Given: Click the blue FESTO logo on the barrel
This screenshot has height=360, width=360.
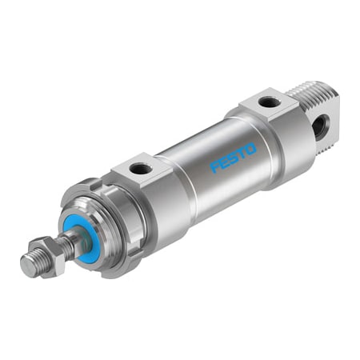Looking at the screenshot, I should [233, 158].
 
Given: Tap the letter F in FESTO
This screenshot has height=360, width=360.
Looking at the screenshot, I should [214, 168].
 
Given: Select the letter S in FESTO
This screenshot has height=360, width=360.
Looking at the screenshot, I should [233, 158].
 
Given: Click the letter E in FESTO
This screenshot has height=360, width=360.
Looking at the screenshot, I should [223, 163].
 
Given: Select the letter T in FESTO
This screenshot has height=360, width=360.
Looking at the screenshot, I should [242, 153].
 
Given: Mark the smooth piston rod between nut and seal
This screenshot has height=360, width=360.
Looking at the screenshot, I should [70, 243].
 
